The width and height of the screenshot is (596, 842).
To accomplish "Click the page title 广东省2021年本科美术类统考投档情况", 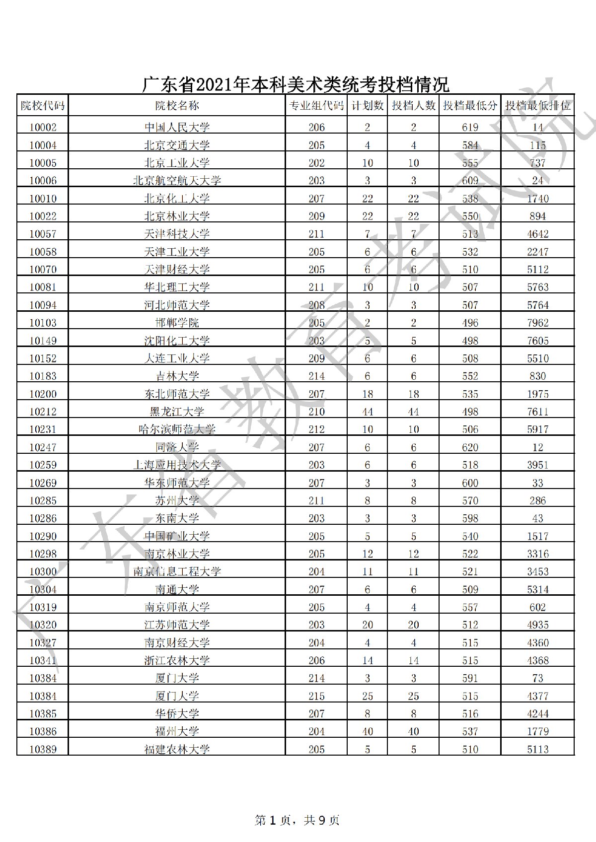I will [296, 84].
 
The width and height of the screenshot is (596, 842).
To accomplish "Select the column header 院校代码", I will [43, 105].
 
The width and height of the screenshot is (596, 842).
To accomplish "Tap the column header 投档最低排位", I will [538, 105].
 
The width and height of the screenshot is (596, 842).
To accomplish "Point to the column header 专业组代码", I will [316, 105].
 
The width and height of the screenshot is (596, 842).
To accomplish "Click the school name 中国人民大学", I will [177, 128].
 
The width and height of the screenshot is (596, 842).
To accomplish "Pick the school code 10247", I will [43, 447].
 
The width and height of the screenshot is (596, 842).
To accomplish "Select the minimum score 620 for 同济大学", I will [470, 447].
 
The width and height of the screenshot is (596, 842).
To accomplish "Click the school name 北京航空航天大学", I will [177, 181].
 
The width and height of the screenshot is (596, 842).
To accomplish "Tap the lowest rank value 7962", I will [538, 323].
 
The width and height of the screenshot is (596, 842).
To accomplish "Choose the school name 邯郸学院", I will [177, 323].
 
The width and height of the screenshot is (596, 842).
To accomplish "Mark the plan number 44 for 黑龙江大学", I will [367, 412].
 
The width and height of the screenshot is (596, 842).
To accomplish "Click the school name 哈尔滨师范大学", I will [177, 429].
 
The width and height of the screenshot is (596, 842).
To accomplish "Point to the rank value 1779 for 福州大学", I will [538, 731].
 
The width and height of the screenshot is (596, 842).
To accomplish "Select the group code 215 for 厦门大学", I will [316, 696].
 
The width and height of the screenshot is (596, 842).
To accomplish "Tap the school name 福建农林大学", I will [177, 749].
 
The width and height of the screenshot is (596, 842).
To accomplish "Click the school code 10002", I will [43, 128].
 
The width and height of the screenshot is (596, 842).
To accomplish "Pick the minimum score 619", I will [470, 128].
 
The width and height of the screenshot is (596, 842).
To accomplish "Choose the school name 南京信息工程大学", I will [177, 571].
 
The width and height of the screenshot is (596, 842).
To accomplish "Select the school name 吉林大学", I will [177, 376].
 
